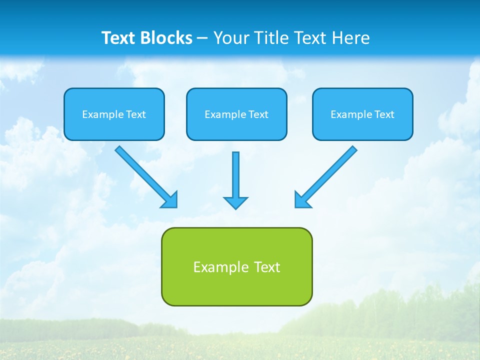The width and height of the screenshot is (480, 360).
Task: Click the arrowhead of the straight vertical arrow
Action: pos(235,202)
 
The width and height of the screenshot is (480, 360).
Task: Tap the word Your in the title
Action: pos(231,38)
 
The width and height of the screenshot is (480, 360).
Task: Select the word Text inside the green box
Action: pos(267,267)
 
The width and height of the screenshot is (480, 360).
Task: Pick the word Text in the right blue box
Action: pos(384,114)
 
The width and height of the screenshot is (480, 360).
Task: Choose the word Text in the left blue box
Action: pos(136,114)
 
